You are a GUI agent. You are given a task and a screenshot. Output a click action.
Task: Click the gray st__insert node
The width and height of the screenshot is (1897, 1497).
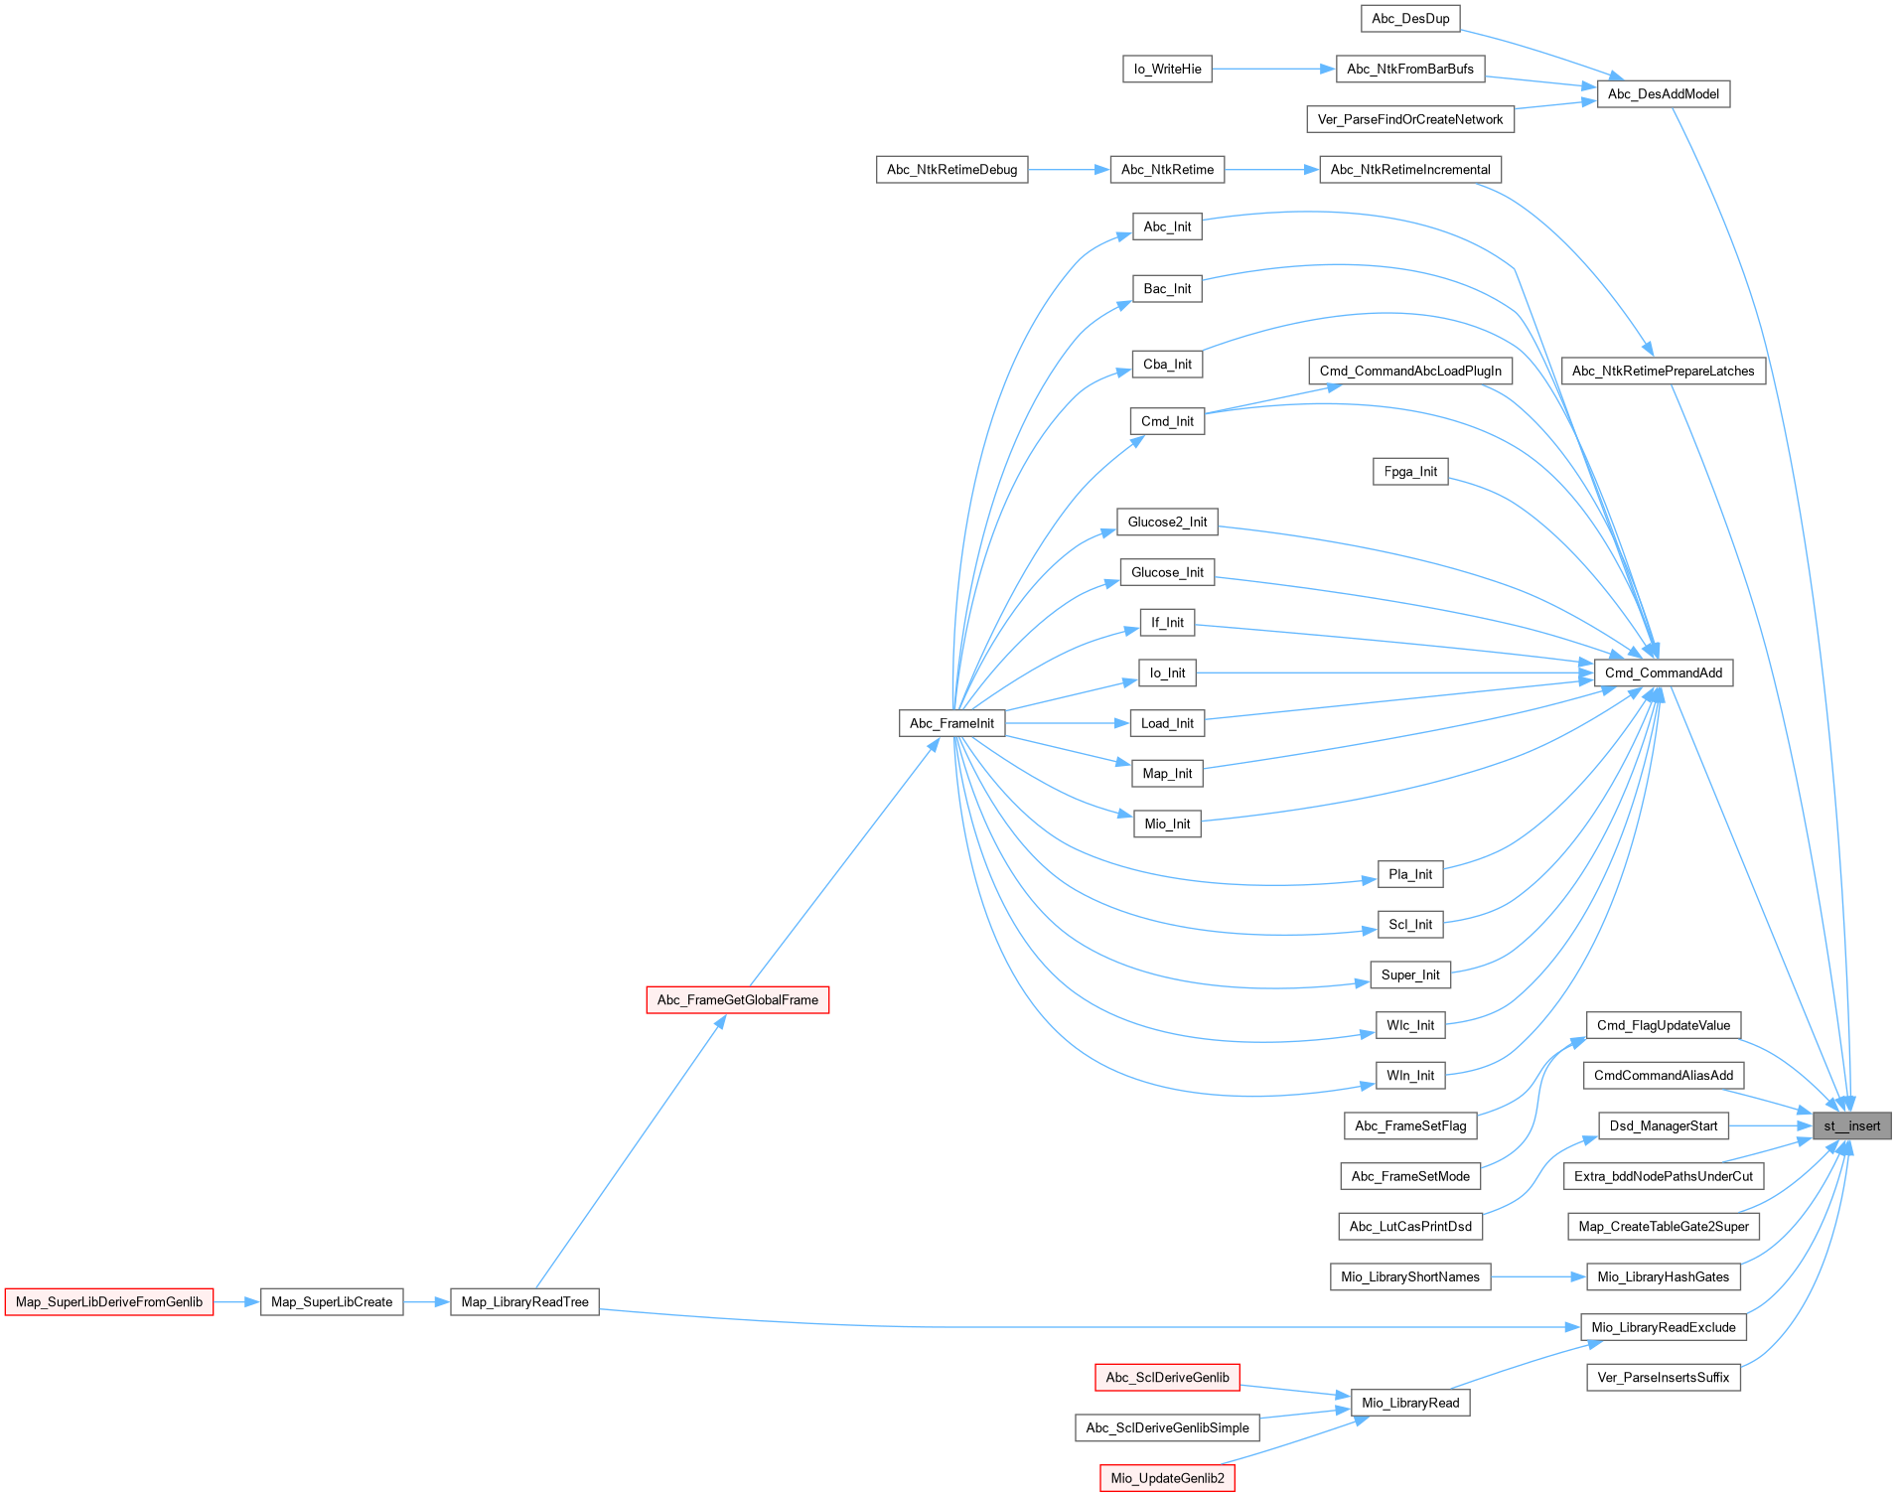coord(1851,1125)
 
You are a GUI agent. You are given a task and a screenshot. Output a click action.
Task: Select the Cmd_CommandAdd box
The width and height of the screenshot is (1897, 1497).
coord(1663,673)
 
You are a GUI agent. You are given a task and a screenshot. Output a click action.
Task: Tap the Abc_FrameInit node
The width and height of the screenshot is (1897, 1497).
coord(951,723)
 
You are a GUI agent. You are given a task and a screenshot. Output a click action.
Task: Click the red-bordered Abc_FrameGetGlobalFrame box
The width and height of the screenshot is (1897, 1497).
coord(737,999)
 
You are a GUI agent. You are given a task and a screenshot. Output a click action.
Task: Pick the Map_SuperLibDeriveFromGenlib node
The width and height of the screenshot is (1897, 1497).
coord(109,1301)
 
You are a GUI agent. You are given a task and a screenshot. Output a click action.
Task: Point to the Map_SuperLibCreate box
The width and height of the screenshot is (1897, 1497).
coord(332,1301)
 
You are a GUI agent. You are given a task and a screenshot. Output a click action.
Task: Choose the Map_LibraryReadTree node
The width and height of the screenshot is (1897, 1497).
coord(524,1301)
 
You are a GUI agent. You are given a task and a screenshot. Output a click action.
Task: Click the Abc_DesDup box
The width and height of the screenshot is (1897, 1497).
coord(1410,18)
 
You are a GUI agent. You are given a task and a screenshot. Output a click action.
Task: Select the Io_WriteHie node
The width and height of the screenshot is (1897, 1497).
coord(1167,69)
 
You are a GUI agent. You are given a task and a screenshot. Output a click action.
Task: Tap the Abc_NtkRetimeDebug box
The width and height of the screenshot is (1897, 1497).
coord(951,170)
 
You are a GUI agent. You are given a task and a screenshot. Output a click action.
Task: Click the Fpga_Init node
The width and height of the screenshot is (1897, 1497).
coord(1410,472)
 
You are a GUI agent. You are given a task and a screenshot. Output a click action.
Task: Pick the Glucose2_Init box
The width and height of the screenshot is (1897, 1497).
coord(1167,522)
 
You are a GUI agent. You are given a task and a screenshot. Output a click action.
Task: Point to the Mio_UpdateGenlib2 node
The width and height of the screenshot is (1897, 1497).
coord(1167,1478)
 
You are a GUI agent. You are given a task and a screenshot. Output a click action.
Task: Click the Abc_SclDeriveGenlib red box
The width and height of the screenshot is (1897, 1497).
coord(1167,1377)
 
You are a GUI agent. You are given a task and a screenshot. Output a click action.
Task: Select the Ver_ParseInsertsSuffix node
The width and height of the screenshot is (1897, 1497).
coord(1663,1377)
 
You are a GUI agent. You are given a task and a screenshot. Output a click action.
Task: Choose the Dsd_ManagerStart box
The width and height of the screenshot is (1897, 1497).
coord(1663,1125)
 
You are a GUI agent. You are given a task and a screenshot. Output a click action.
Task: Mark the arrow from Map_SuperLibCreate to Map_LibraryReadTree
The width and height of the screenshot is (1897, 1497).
coord(426,1301)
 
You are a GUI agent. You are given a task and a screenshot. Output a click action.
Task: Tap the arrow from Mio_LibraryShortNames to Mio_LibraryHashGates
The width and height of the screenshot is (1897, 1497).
coord(1537,1276)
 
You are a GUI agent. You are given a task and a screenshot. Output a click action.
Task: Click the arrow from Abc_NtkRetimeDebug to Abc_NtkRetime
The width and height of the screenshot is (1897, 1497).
coord(1068,170)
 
